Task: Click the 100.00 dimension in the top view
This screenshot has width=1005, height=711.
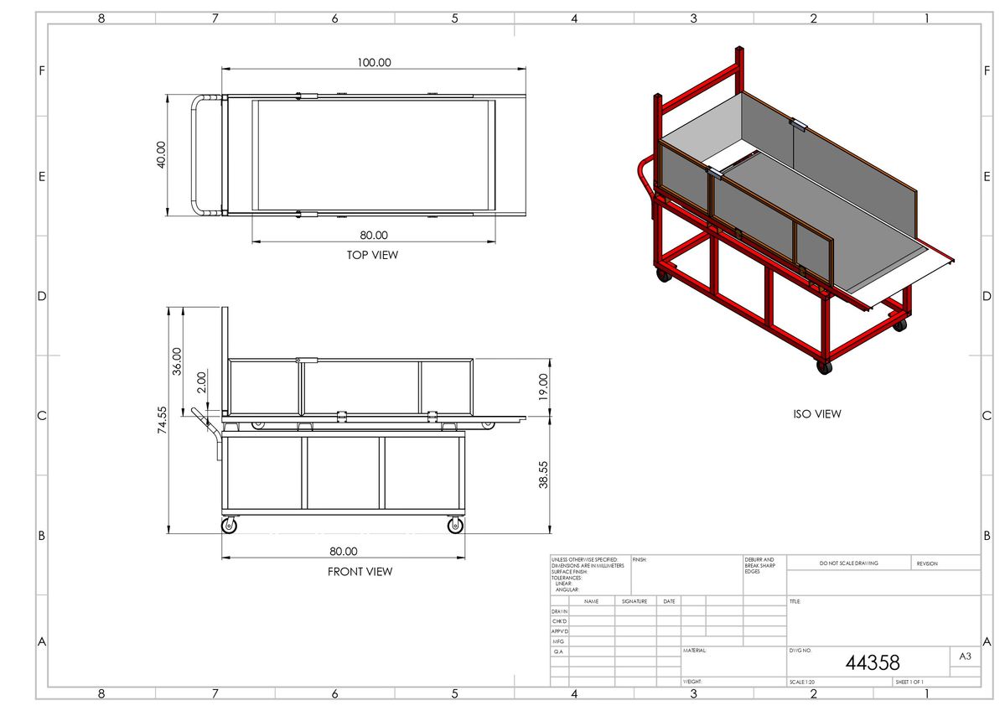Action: (x=373, y=62)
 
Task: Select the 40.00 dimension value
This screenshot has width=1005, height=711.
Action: (x=161, y=155)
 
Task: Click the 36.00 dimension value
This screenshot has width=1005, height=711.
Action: (x=177, y=361)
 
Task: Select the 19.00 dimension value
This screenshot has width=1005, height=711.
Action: (x=543, y=387)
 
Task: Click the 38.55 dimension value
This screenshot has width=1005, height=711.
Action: (x=543, y=475)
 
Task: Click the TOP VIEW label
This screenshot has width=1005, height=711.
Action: (x=372, y=255)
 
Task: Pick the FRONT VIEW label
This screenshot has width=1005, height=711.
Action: (x=360, y=572)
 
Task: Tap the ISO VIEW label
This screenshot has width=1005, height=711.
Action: (x=816, y=413)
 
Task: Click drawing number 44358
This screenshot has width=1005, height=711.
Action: (x=872, y=663)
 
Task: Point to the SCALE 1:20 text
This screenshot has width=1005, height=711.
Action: (x=803, y=682)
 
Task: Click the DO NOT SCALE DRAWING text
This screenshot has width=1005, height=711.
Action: (x=848, y=563)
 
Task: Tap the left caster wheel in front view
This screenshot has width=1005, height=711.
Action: (x=230, y=526)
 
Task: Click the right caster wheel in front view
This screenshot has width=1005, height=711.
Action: (x=455, y=526)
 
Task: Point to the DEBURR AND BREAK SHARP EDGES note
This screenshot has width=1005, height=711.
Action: (x=759, y=565)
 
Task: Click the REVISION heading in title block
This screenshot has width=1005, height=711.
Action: (x=927, y=563)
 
